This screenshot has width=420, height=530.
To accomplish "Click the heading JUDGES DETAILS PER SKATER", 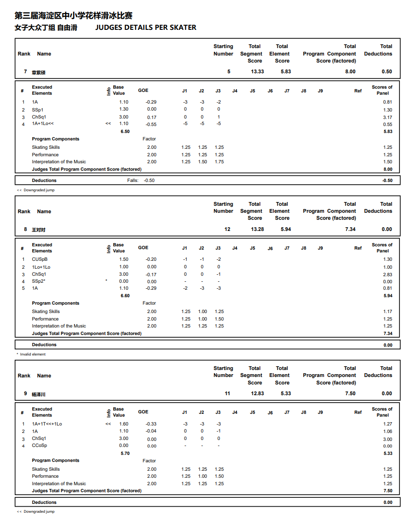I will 146,28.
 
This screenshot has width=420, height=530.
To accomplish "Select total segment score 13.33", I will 257,71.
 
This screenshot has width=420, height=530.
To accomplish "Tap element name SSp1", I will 38,110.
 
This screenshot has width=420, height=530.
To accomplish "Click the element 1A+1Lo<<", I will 43,124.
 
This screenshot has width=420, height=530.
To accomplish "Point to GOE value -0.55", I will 151,125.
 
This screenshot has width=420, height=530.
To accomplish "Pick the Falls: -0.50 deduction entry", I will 141,181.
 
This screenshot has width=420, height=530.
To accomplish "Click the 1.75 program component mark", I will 219,162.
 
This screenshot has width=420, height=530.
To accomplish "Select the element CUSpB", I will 40,259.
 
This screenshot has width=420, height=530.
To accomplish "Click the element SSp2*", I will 39,281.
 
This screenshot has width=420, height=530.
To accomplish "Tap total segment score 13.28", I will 257,229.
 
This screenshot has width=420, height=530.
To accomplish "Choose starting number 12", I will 227,229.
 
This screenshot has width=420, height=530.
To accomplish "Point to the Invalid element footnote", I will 31,354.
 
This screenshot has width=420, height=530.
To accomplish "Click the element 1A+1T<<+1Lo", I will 47,424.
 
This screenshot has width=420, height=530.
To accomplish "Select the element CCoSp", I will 39,446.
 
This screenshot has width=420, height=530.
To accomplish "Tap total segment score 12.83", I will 257,393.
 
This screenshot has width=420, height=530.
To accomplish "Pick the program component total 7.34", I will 350,229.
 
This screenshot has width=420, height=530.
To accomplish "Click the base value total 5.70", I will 125,453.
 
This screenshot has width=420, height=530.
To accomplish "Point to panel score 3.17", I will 387,117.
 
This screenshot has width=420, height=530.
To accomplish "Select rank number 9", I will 25,393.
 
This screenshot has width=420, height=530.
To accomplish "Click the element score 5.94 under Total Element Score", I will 286,229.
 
